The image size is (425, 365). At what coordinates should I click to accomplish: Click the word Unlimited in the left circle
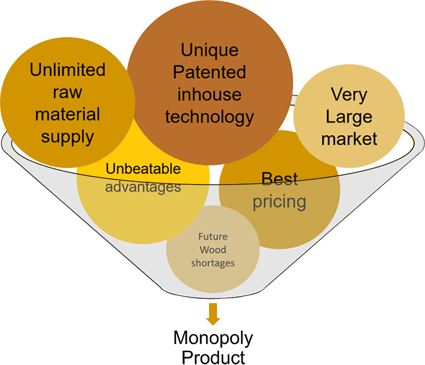[68, 70]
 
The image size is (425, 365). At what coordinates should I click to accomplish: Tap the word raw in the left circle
[68, 92]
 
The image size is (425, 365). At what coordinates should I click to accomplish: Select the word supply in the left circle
[68, 137]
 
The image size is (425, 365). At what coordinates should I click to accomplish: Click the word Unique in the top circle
[209, 49]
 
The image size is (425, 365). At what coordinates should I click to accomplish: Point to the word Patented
[209, 72]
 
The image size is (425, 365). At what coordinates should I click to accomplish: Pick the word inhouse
[209, 94]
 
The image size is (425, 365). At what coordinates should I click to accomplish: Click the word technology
[209, 116]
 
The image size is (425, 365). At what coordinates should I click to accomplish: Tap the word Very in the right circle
[349, 94]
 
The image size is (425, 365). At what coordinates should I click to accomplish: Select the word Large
[349, 116]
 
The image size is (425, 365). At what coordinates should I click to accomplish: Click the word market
[349, 139]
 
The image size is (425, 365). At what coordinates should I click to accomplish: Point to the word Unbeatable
[143, 170]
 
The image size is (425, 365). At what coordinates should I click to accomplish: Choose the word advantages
[143, 187]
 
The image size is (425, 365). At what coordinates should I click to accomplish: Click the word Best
[279, 178]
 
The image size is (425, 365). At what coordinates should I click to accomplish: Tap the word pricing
[279, 202]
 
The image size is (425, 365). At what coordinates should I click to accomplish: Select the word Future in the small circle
[212, 236]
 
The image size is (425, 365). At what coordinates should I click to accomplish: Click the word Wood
[212, 250]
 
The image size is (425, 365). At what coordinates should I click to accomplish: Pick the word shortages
[212, 263]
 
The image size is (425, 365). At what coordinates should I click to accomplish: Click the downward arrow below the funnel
[213, 314]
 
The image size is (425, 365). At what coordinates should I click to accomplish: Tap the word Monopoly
[213, 338]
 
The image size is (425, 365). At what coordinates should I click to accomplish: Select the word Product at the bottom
[213, 356]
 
